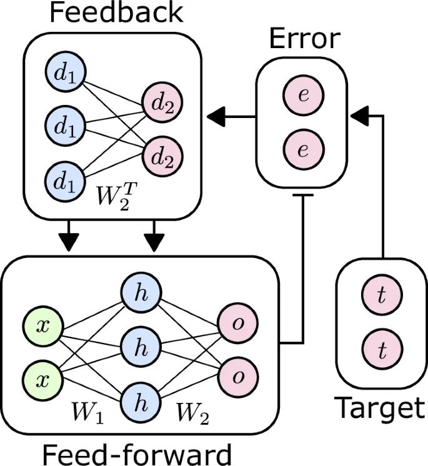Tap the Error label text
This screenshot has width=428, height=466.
(x=304, y=39)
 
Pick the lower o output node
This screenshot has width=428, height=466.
(x=237, y=375)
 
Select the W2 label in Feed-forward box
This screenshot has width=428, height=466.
(x=191, y=414)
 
